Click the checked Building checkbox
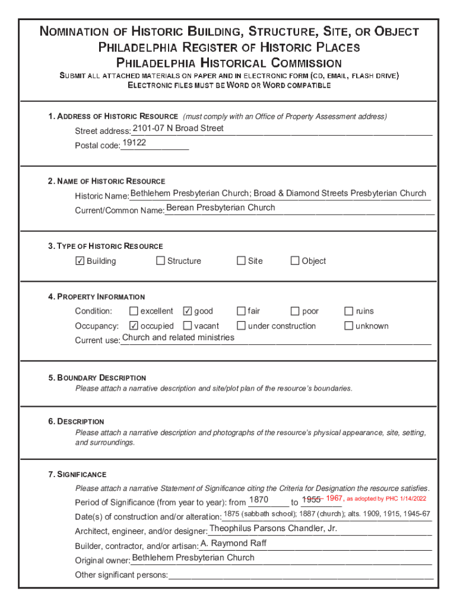80,261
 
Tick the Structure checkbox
160,261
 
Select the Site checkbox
241,261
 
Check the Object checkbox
294,261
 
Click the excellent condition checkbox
134,311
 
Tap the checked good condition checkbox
188,311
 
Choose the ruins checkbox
349,311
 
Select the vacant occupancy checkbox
188,326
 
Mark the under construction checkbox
241,326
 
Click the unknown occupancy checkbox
349,326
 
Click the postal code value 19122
134,143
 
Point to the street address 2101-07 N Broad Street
178,128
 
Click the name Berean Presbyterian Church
221,207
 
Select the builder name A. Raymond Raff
234,543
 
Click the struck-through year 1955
311,499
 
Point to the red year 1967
334,499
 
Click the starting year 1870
259,500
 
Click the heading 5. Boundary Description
97,378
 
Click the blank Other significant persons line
300,575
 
